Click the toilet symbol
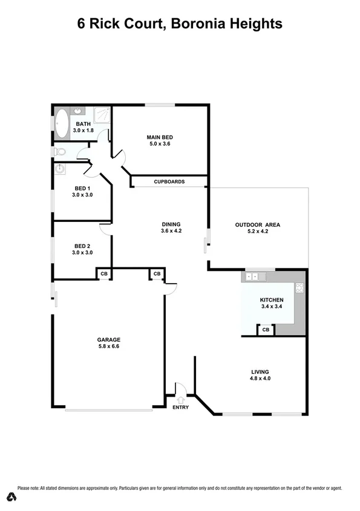click(x=60, y=152)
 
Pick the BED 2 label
click(x=82, y=246)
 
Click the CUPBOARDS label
click(x=169, y=181)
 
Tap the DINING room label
click(x=171, y=224)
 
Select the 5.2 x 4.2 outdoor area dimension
click(x=257, y=232)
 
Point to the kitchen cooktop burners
click(x=299, y=288)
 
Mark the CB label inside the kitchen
click(x=266, y=330)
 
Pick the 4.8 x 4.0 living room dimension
click(x=260, y=379)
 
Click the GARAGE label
click(x=110, y=339)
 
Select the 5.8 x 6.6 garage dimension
click(x=110, y=347)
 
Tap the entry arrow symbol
click(x=180, y=399)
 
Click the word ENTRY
click(x=180, y=407)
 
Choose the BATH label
click(x=83, y=124)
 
